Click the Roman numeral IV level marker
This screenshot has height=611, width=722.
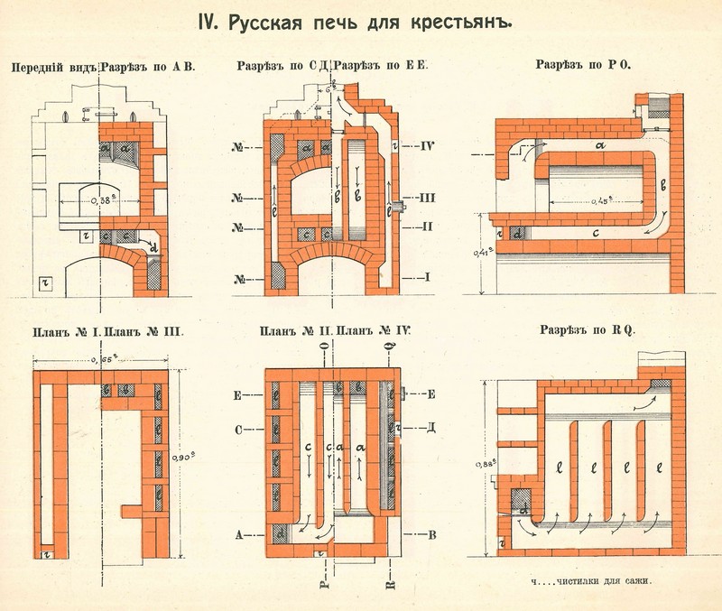429,143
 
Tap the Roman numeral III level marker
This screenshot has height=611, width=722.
430,196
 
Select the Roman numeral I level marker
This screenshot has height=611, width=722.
430,276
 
